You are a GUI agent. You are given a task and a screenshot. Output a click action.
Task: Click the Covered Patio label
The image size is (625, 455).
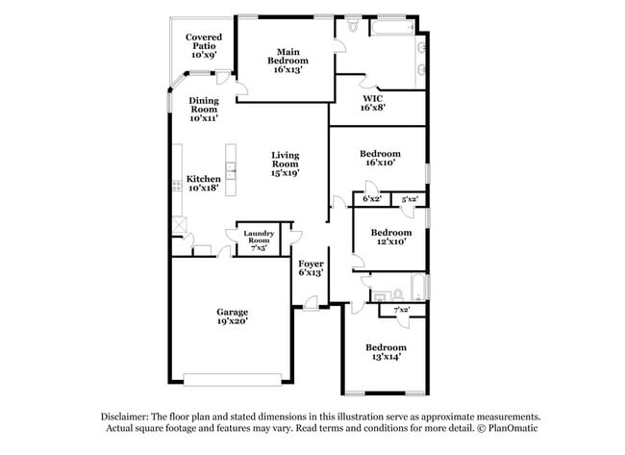pyautogui.click(x=205, y=46)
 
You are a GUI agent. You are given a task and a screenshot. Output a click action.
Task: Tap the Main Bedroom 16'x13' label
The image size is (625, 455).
pyautogui.click(x=288, y=61)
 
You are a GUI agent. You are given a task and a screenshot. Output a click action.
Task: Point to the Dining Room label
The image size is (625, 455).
pyautogui.click(x=204, y=110)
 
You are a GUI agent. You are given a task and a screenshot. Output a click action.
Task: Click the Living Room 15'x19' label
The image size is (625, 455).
pyautogui.click(x=286, y=164)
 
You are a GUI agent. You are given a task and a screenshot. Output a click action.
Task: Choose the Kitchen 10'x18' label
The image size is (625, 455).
pyautogui.click(x=204, y=184)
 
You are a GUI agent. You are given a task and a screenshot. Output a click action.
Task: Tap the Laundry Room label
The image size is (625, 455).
pyautogui.click(x=259, y=240)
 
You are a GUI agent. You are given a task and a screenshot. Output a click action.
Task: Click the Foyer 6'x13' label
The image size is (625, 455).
pyautogui.click(x=311, y=267)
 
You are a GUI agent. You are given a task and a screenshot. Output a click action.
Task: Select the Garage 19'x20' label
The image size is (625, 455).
pyautogui.click(x=232, y=316)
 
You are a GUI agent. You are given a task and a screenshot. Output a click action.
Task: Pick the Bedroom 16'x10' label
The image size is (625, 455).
pyautogui.click(x=379, y=159)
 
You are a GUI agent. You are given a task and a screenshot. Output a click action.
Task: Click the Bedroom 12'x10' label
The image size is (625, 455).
pyautogui.click(x=390, y=237)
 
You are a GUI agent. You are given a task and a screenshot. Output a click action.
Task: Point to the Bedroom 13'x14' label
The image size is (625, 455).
pyautogui.click(x=385, y=351)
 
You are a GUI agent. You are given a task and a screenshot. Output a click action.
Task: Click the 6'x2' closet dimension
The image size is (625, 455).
pyautogui.click(x=372, y=199)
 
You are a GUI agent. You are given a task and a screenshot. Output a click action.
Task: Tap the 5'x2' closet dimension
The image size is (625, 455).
pyautogui.click(x=410, y=199)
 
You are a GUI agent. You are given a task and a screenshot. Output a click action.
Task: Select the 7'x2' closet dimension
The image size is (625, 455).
pyautogui.click(x=402, y=310)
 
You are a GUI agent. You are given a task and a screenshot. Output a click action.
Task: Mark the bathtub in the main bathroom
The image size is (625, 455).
pyautogui.click(x=392, y=27)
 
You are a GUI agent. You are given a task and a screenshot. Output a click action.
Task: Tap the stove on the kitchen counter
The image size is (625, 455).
pyautogui.click(x=177, y=186)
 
